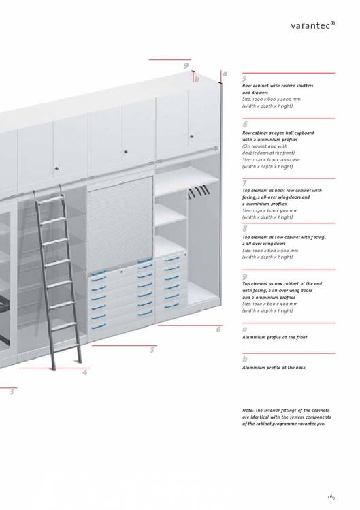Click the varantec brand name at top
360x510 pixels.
coord(313,25)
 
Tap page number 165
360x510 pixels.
coord(331,497)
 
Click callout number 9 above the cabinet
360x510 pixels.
coord(186,66)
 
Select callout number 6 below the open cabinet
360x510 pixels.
coord(218,330)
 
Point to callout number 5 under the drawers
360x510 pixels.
coord(152,350)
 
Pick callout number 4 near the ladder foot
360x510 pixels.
coord(85,372)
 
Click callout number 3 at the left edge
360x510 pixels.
coord(12,392)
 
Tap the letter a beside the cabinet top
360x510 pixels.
coord(225,74)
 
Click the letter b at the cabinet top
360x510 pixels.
coord(197,79)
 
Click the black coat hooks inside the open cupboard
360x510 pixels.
coord(198,191)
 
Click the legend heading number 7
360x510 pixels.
coord(244,183)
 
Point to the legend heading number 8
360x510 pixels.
coord(244,228)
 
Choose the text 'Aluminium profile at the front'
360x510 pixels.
coord(274,337)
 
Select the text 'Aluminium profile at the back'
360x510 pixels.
coord(274,368)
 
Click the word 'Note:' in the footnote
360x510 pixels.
coord(248,411)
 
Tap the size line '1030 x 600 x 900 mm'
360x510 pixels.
coord(269,210)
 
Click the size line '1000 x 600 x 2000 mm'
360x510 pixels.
coord(272,99)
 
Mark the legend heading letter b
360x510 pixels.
coord(244,359)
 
